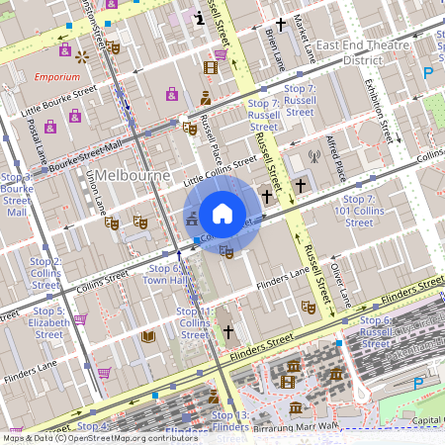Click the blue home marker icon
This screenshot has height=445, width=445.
click(222, 214)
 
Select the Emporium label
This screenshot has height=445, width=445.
click(56, 76)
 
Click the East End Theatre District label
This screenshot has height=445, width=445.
click(363, 52)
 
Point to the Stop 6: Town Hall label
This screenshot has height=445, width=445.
click(164, 274)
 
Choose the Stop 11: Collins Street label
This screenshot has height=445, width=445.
click(195, 322)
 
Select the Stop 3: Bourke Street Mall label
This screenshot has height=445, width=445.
click(18, 194)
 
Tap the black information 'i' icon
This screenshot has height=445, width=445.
click(201, 17)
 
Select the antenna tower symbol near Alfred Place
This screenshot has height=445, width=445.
click(314, 155)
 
